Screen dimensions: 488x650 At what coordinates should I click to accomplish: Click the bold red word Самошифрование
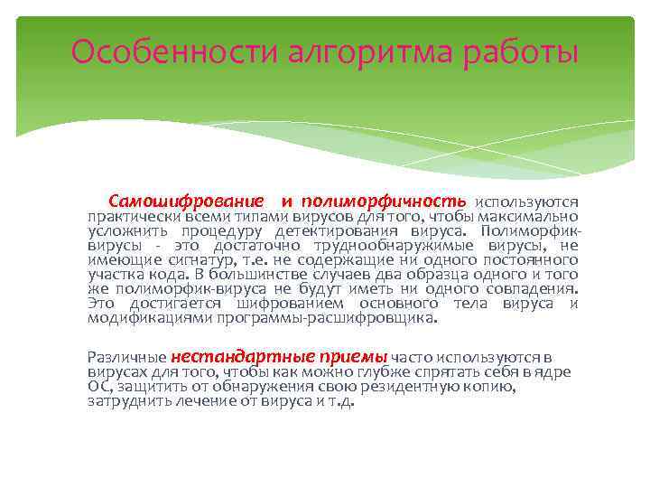click(186, 201)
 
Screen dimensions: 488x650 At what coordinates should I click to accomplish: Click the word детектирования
click(357, 231)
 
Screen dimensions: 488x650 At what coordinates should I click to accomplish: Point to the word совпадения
click(529, 289)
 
